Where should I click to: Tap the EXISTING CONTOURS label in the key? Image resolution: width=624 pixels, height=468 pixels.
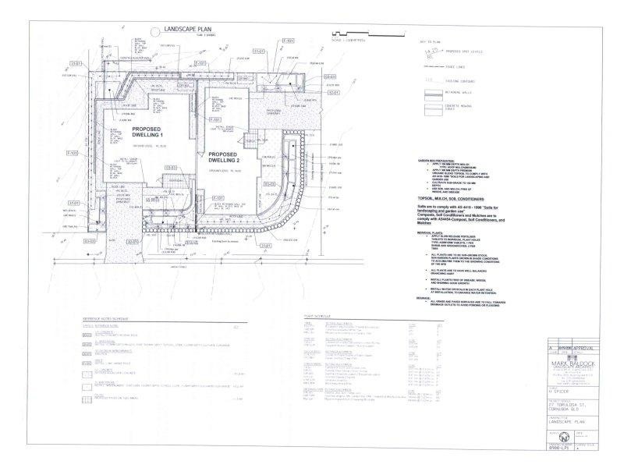click(x=463, y=80)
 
